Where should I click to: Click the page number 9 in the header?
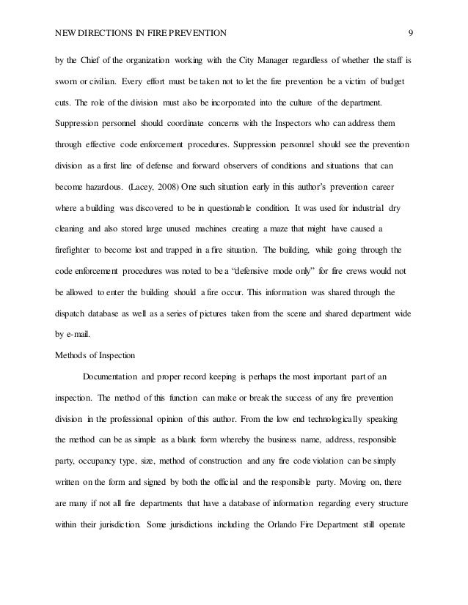(412, 33)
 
